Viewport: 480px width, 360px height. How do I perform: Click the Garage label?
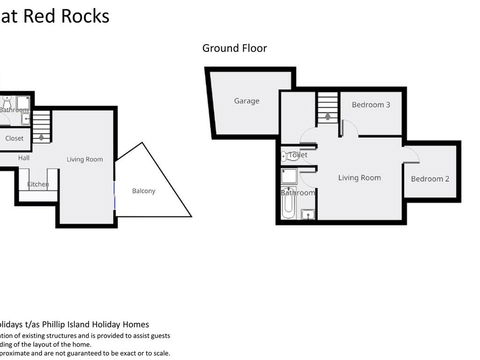click(x=247, y=102)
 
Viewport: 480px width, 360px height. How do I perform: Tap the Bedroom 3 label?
click(x=371, y=104)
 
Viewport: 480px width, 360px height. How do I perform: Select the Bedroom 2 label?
click(x=430, y=179)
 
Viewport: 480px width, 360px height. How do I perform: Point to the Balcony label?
click(x=144, y=191)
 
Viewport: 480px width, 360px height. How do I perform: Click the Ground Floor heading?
click(x=234, y=47)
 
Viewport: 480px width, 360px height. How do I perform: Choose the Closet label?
click(x=14, y=138)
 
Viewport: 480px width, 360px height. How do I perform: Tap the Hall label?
click(x=23, y=158)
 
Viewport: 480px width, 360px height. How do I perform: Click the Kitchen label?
click(x=38, y=184)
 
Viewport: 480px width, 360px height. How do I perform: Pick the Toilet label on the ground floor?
click(x=297, y=156)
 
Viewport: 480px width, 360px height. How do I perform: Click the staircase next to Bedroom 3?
click(x=327, y=106)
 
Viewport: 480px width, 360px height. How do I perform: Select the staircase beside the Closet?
click(x=42, y=125)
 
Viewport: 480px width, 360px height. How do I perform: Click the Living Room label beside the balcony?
click(x=85, y=160)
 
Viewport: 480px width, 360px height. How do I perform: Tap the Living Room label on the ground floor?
click(x=359, y=178)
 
